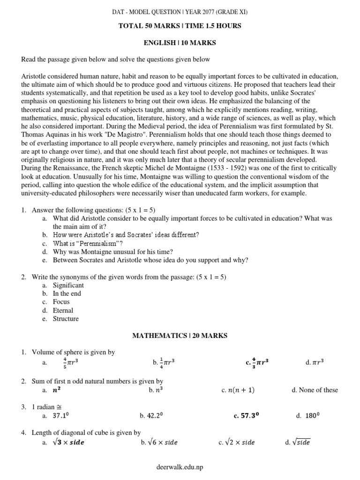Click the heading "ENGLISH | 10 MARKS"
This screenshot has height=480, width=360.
180,43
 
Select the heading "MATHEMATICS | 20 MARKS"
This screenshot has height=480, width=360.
180,336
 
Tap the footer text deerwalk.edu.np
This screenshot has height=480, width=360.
180,467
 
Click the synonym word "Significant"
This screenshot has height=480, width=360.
68,285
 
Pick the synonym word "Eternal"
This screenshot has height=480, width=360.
63,310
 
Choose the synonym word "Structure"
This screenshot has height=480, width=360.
66,319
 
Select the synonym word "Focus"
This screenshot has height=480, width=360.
61,302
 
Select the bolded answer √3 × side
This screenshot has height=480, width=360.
69,442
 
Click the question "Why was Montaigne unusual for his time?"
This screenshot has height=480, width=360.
113,252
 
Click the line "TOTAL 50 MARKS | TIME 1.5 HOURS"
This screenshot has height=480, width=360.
180,26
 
